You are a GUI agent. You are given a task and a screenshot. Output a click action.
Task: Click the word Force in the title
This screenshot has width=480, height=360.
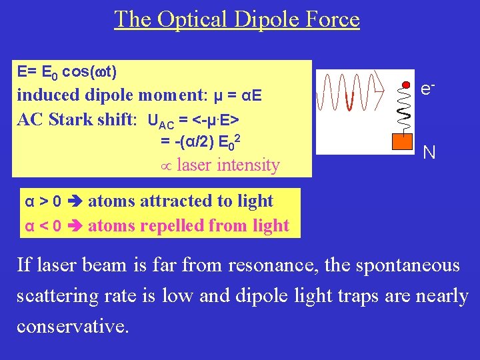pos(331,19)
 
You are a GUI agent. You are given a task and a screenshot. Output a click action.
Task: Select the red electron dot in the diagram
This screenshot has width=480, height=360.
pos(406,85)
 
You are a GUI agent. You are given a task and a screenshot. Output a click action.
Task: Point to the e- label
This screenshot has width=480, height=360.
pos(429,88)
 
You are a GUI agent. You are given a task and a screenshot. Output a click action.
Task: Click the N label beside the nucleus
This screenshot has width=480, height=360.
pos(429,153)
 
